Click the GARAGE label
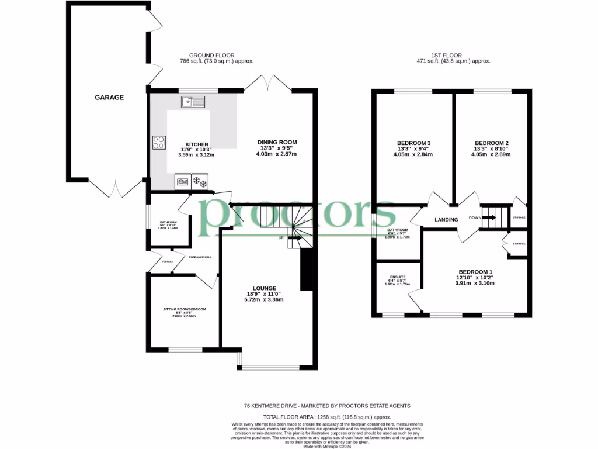click(109, 98)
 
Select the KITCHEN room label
click(197, 144)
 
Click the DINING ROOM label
click(277, 142)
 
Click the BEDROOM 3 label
click(413, 143)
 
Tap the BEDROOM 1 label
click(475, 272)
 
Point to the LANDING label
click(446, 220)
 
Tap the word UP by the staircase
click(281, 238)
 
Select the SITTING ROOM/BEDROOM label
click(184, 309)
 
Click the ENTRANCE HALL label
click(200, 257)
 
